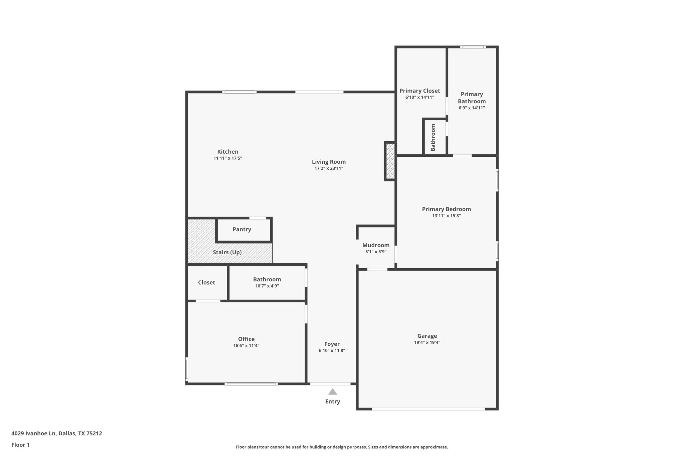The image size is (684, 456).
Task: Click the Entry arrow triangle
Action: click(332, 392)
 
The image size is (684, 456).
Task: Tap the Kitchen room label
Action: click(228, 152)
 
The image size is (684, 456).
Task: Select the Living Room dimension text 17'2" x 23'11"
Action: click(329, 168)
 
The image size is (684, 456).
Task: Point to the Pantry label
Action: click(242, 230)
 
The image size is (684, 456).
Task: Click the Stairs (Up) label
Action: click(227, 252)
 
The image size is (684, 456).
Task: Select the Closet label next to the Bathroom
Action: click(206, 283)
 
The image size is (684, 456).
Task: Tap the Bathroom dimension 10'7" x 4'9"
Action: click(267, 286)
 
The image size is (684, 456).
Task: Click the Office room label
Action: click(246, 339)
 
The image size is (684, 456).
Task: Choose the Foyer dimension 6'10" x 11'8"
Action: click(332, 350)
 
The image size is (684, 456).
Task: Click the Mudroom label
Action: click(376, 245)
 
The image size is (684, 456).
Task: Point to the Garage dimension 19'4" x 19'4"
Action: click(427, 342)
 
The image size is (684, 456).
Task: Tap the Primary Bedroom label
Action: click(446, 209)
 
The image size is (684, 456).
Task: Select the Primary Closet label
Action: click(419, 91)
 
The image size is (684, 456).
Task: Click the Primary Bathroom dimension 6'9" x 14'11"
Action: click(472, 108)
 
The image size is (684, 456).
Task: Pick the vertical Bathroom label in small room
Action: click(433, 137)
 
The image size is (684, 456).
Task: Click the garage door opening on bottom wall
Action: click(428, 409)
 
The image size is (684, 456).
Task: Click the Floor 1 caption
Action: click(20, 445)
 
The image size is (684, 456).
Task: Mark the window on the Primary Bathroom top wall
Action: click(473, 47)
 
